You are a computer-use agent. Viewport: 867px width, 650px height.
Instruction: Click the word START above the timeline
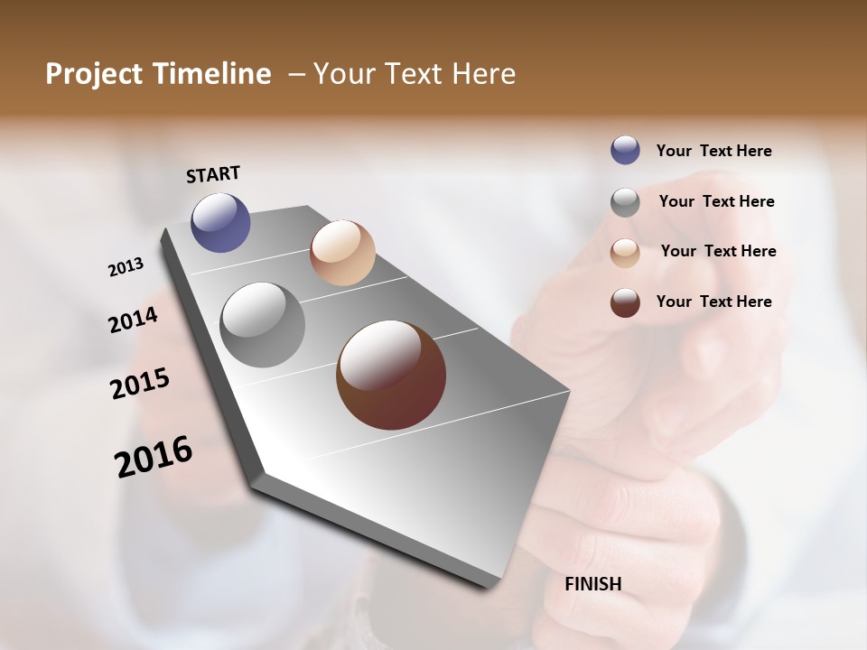(213, 174)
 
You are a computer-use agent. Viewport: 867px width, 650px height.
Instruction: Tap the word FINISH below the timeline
(592, 584)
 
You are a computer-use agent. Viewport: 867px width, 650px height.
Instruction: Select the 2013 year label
(126, 267)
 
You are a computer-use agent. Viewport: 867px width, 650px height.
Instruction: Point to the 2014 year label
(134, 320)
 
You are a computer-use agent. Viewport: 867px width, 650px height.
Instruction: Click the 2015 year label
(140, 384)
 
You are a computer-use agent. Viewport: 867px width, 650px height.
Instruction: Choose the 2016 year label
(154, 456)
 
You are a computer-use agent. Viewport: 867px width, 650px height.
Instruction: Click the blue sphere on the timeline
(220, 222)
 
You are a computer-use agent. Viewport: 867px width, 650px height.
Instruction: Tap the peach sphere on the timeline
(342, 253)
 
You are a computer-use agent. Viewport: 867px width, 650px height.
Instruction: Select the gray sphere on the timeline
(262, 325)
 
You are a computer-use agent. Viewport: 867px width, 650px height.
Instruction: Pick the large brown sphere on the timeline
(391, 375)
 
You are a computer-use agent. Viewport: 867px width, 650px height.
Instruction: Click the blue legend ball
(625, 151)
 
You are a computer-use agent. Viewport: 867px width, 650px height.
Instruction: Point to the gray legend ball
(625, 202)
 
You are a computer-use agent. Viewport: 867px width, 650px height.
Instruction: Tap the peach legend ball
(625, 252)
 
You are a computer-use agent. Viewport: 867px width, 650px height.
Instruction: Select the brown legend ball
(625, 302)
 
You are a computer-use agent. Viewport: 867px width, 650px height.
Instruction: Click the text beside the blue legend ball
(713, 151)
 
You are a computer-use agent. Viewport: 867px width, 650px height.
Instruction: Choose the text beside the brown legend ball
(713, 302)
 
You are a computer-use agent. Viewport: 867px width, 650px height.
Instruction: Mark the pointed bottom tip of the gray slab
(488, 585)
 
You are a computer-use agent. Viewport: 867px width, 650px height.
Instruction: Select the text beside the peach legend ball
(718, 251)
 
